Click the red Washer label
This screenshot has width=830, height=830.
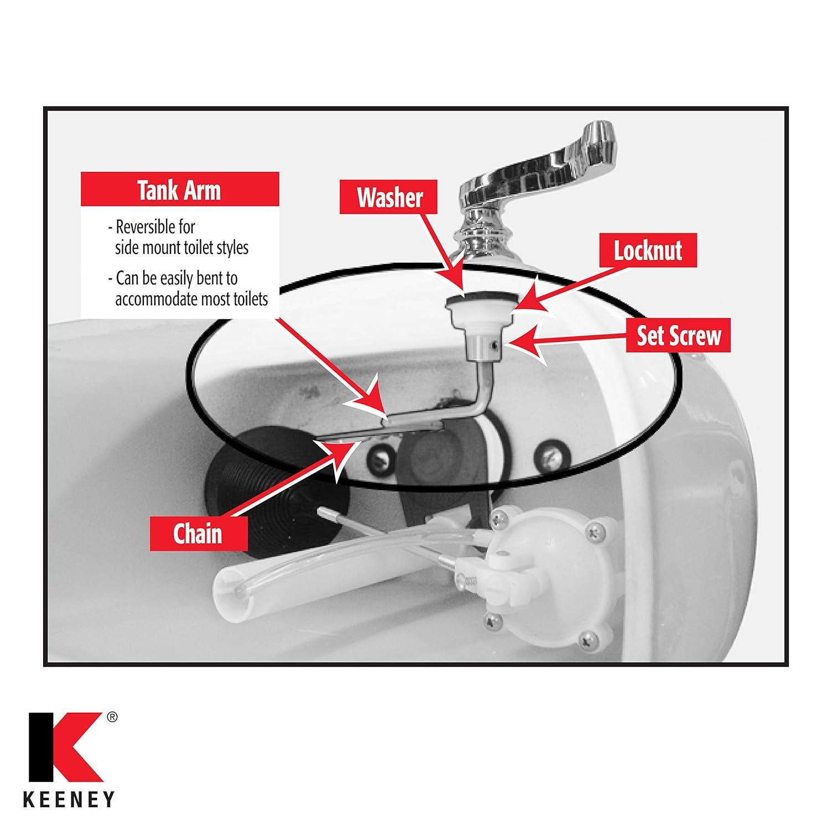click(389, 198)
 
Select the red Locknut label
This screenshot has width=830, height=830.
click(648, 251)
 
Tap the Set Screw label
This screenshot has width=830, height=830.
click(678, 335)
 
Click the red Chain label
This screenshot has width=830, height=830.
click(198, 534)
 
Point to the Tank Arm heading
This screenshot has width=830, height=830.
click(179, 190)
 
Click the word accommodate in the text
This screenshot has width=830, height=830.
click(152, 299)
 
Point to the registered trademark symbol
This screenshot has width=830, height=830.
click(111, 718)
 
